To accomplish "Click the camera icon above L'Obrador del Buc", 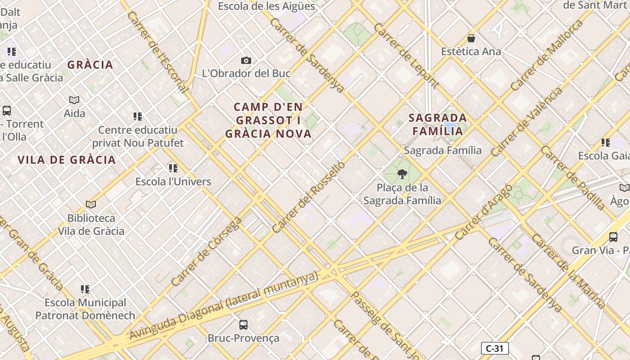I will click(x=246, y=60).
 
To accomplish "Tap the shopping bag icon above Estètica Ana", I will click(x=471, y=38).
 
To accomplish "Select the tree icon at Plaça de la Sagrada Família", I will click(x=402, y=174).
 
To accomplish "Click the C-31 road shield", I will click(x=495, y=348).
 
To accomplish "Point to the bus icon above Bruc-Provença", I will click(x=243, y=324).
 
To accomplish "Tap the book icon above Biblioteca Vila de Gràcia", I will click(x=91, y=205).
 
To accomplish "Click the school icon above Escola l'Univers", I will click(x=173, y=168).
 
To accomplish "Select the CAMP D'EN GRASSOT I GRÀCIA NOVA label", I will click(x=269, y=120).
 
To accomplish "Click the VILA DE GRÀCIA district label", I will click(x=67, y=160).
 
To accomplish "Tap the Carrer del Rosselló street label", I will click(x=309, y=197).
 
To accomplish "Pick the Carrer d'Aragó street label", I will click(x=483, y=212).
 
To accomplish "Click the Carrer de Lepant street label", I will click(x=406, y=55).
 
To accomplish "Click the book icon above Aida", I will click(x=74, y=100).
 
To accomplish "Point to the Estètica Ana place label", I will click(x=471, y=51).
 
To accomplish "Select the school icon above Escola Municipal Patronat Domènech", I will click(x=85, y=289).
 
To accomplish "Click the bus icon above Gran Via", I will click(x=613, y=237).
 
